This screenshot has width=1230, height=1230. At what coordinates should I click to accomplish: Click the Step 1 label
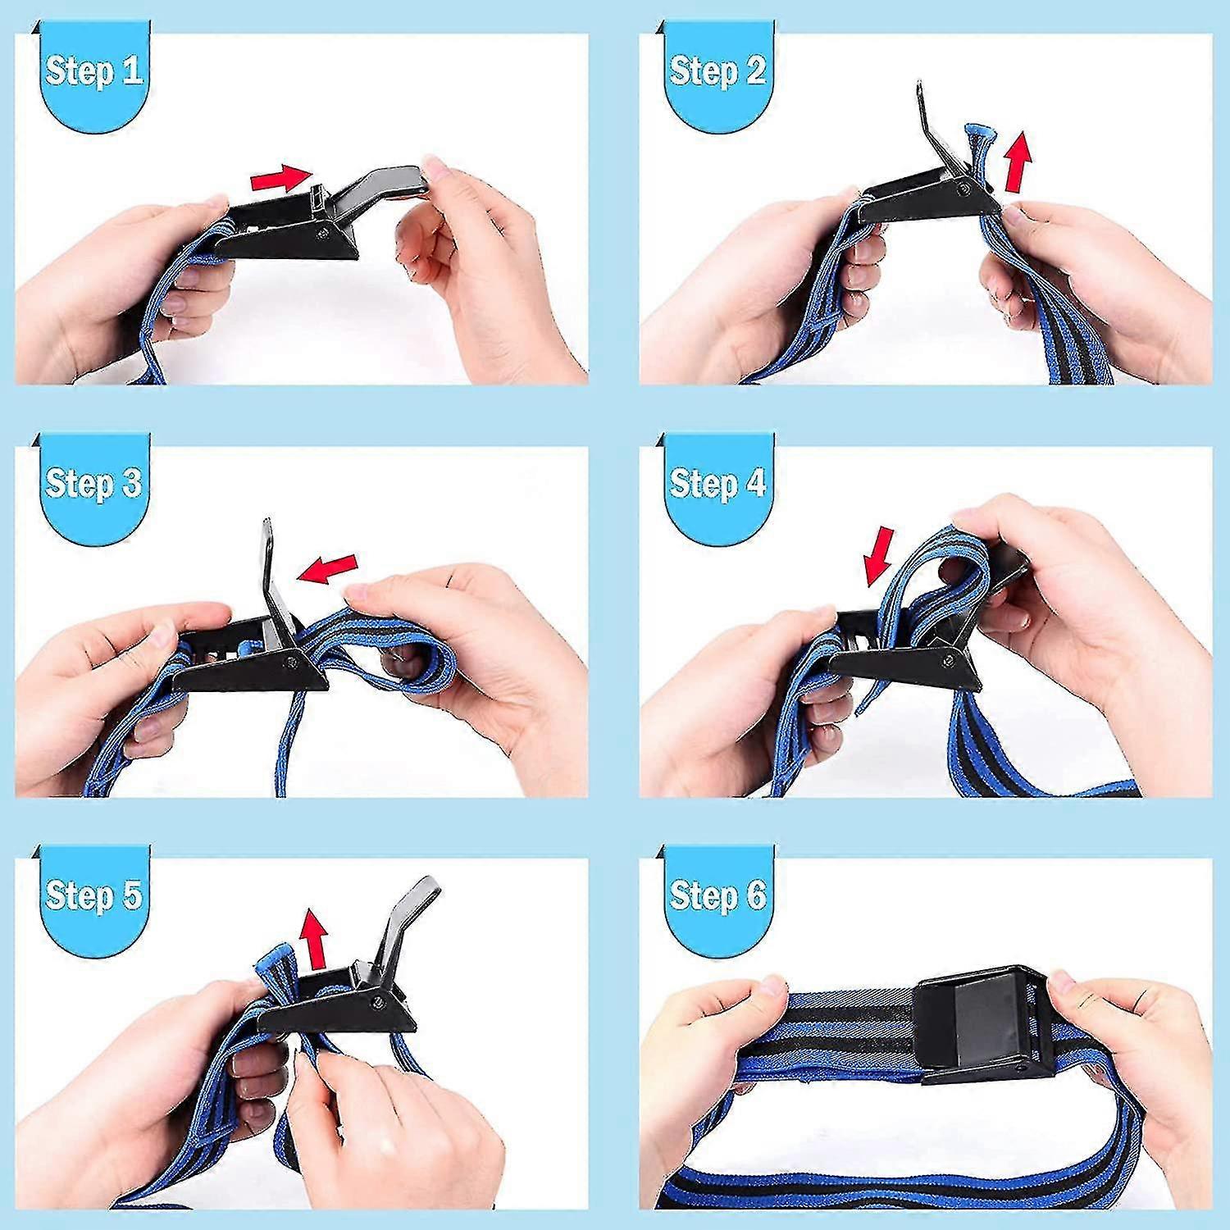point(93,71)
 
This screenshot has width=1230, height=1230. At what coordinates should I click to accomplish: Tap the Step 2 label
point(717,71)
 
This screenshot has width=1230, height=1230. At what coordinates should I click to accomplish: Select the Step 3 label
point(93,483)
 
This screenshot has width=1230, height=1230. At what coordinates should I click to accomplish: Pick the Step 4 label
point(717,483)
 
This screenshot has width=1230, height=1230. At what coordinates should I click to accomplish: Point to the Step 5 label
point(93,895)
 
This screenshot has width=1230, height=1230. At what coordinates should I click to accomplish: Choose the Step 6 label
point(717,895)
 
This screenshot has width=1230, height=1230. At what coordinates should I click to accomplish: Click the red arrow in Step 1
point(281,177)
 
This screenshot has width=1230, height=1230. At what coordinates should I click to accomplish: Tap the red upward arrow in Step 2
point(1018,162)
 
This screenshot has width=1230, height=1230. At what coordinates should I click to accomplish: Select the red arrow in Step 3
point(328,567)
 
